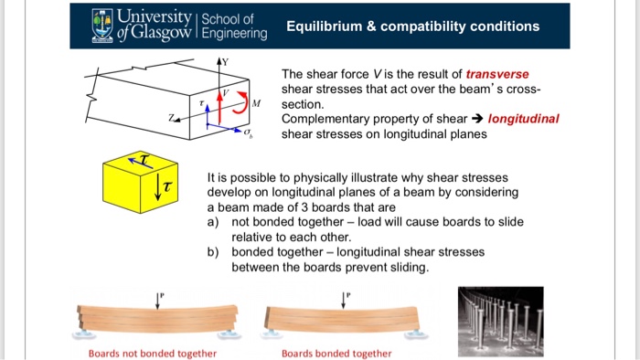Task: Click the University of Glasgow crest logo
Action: point(101,26)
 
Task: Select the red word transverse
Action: point(497,74)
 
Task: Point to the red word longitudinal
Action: point(524,119)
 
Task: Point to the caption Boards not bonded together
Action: point(152,354)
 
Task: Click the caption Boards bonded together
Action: point(336,354)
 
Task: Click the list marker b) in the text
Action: point(215,251)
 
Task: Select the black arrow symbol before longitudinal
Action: point(478,119)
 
